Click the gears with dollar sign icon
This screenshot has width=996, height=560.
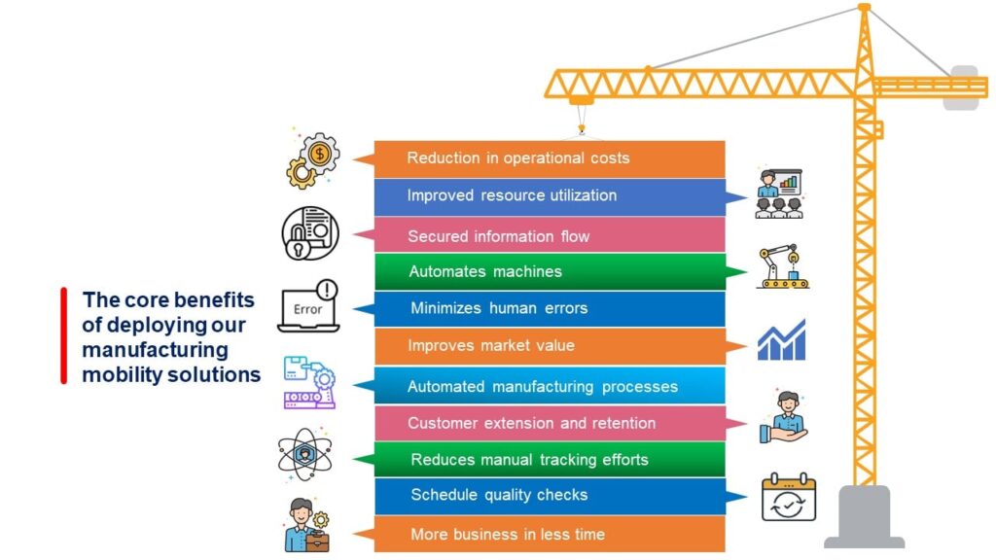pyautogui.click(x=312, y=159)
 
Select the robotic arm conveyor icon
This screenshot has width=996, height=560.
pyautogui.click(x=783, y=266)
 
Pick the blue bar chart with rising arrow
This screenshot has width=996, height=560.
pyautogui.click(x=781, y=340)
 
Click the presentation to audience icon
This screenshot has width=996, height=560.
pyautogui.click(x=779, y=192)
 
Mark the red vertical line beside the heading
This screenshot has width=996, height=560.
pyautogui.click(x=63, y=335)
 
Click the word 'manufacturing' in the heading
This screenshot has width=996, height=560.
pyautogui.click(x=155, y=349)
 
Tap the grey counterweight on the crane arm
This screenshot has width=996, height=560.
pyautogui.click(x=962, y=87)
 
